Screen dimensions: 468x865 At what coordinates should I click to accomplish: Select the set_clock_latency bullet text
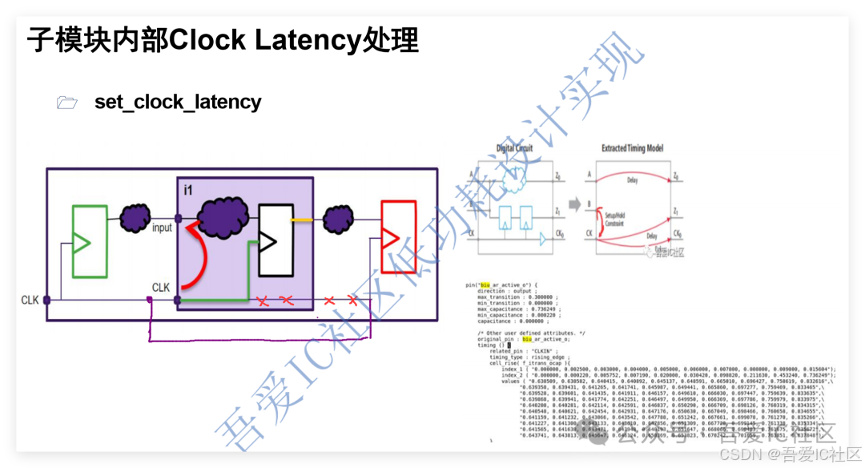point(178,102)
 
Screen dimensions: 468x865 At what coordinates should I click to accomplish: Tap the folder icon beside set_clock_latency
point(67,103)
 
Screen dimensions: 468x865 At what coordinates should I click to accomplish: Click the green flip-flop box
point(89,241)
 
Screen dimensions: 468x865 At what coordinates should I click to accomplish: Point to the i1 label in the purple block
point(189,191)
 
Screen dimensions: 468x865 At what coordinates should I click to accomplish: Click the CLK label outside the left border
point(30,301)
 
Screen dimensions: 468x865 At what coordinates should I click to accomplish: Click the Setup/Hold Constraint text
point(616,220)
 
